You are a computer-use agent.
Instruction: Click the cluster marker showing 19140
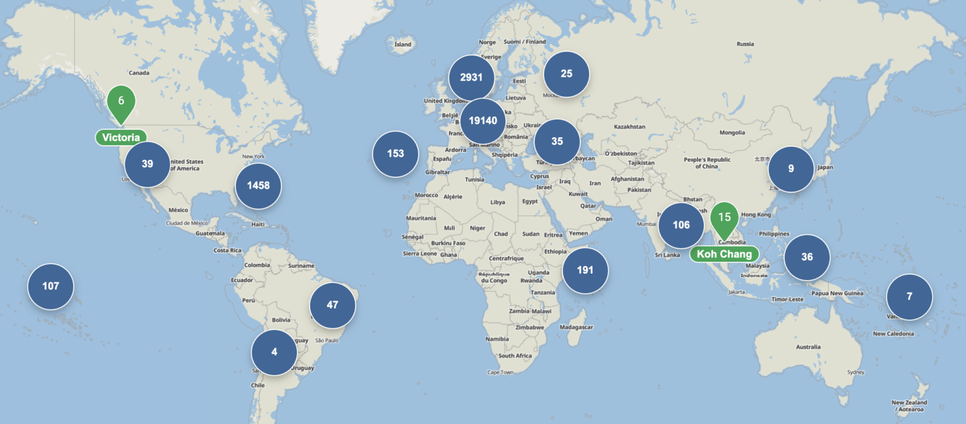point(483,121)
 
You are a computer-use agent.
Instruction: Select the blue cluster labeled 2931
point(471,77)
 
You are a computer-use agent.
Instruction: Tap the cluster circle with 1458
point(258,186)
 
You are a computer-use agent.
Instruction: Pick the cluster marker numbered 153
point(396,153)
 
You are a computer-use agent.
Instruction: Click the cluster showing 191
point(585,271)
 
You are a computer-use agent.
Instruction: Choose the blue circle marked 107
point(50,286)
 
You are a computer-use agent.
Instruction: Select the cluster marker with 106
point(681,225)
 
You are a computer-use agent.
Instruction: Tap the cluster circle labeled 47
point(333,305)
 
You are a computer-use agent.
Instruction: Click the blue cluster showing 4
point(274,352)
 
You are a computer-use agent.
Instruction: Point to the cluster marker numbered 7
point(909,297)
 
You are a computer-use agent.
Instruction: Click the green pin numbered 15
point(724,218)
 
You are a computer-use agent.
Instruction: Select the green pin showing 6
point(121,101)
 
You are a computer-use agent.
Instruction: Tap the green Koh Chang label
point(724,254)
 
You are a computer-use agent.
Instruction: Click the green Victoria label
point(121,137)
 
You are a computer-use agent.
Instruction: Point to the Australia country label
point(808,347)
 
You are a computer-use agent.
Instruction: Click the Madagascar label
point(576,327)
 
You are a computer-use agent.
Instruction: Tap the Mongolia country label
point(732,133)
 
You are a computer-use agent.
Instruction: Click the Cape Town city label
point(500,372)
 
